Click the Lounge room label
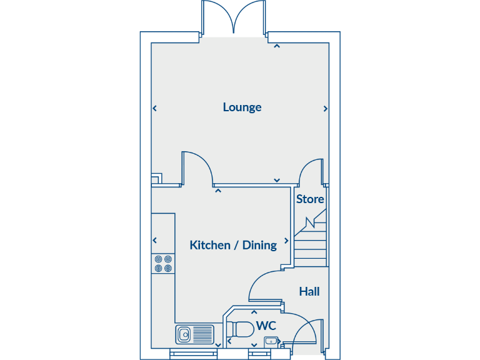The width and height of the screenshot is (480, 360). point(242,107)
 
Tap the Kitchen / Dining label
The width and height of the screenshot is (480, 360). point(233,245)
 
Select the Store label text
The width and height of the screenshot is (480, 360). point(310,199)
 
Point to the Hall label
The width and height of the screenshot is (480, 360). point(309,291)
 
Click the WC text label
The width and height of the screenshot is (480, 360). point(266,326)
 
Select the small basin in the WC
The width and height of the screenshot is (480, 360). point(271,341)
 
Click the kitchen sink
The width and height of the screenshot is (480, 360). point(194,334)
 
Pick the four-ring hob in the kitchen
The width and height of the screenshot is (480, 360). point(163,264)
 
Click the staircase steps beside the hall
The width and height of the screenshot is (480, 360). point(311,247)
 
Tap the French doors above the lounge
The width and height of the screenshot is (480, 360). point(234,17)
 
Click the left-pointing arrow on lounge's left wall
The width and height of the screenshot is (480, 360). point(154,109)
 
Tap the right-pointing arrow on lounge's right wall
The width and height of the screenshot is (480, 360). point(325,109)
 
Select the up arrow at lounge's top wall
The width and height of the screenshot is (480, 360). point(276,46)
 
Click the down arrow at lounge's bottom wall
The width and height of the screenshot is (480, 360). point(276,180)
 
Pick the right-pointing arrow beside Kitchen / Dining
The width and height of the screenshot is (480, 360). point(287,240)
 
